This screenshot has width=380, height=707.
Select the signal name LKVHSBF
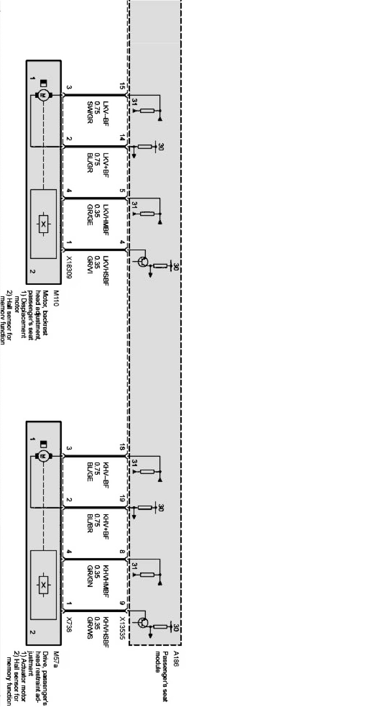pos(106,263)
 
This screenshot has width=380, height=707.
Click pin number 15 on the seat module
pos(122,86)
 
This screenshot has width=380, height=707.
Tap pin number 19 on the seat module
pos(122,499)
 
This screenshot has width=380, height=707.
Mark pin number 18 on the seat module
pos(122,447)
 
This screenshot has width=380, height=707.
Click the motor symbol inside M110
pos(43,95)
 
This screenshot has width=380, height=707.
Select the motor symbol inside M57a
pos(43,456)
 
